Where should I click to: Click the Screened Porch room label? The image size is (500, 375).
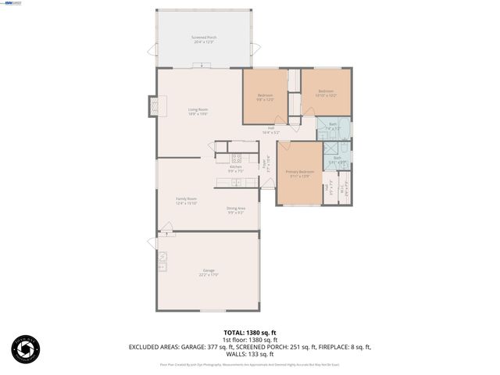(205, 39)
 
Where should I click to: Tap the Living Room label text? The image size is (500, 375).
(198, 111)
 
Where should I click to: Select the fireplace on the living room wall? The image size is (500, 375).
(154, 105)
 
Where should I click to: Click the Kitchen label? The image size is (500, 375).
(235, 169)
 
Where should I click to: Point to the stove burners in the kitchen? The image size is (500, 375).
(235, 159)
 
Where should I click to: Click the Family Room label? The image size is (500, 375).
(186, 201)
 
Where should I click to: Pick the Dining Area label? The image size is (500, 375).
(236, 209)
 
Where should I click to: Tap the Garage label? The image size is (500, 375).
(209, 273)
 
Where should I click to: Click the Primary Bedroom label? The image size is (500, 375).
(299, 173)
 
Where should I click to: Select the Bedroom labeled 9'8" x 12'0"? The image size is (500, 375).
(266, 98)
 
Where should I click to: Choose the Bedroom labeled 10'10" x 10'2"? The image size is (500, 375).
(325, 94)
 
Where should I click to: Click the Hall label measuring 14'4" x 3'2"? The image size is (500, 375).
(271, 130)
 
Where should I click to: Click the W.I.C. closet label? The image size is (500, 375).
(345, 189)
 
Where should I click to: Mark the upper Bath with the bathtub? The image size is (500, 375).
(334, 127)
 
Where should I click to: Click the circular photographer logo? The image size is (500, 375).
(25, 348)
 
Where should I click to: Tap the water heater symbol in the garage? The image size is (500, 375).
(163, 256)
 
